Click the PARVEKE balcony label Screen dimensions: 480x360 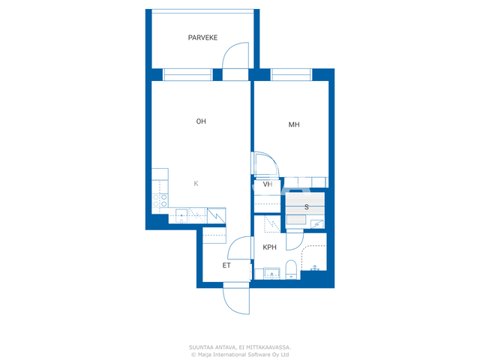tap(202, 37)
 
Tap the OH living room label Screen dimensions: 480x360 tap(201, 121)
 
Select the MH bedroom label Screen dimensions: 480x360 tap(294, 124)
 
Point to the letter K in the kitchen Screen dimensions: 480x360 tap(196, 183)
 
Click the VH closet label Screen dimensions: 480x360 tap(268, 184)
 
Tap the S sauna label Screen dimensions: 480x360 tap(307, 207)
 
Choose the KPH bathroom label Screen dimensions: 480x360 tap(270, 247)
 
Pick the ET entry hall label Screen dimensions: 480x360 tap(226, 265)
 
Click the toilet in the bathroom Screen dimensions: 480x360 tap(291, 270)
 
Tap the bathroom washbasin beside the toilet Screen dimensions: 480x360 tap(271, 273)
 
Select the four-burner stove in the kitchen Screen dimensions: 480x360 tap(160, 200)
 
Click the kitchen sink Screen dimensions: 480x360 tap(181, 215)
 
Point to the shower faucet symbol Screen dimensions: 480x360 tap(315, 268)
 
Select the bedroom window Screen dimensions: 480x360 tap(291, 75)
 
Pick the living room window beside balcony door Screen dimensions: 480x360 tap(187, 75)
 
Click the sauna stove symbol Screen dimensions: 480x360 tap(317, 224)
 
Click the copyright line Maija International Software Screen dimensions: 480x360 tap(240, 355)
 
